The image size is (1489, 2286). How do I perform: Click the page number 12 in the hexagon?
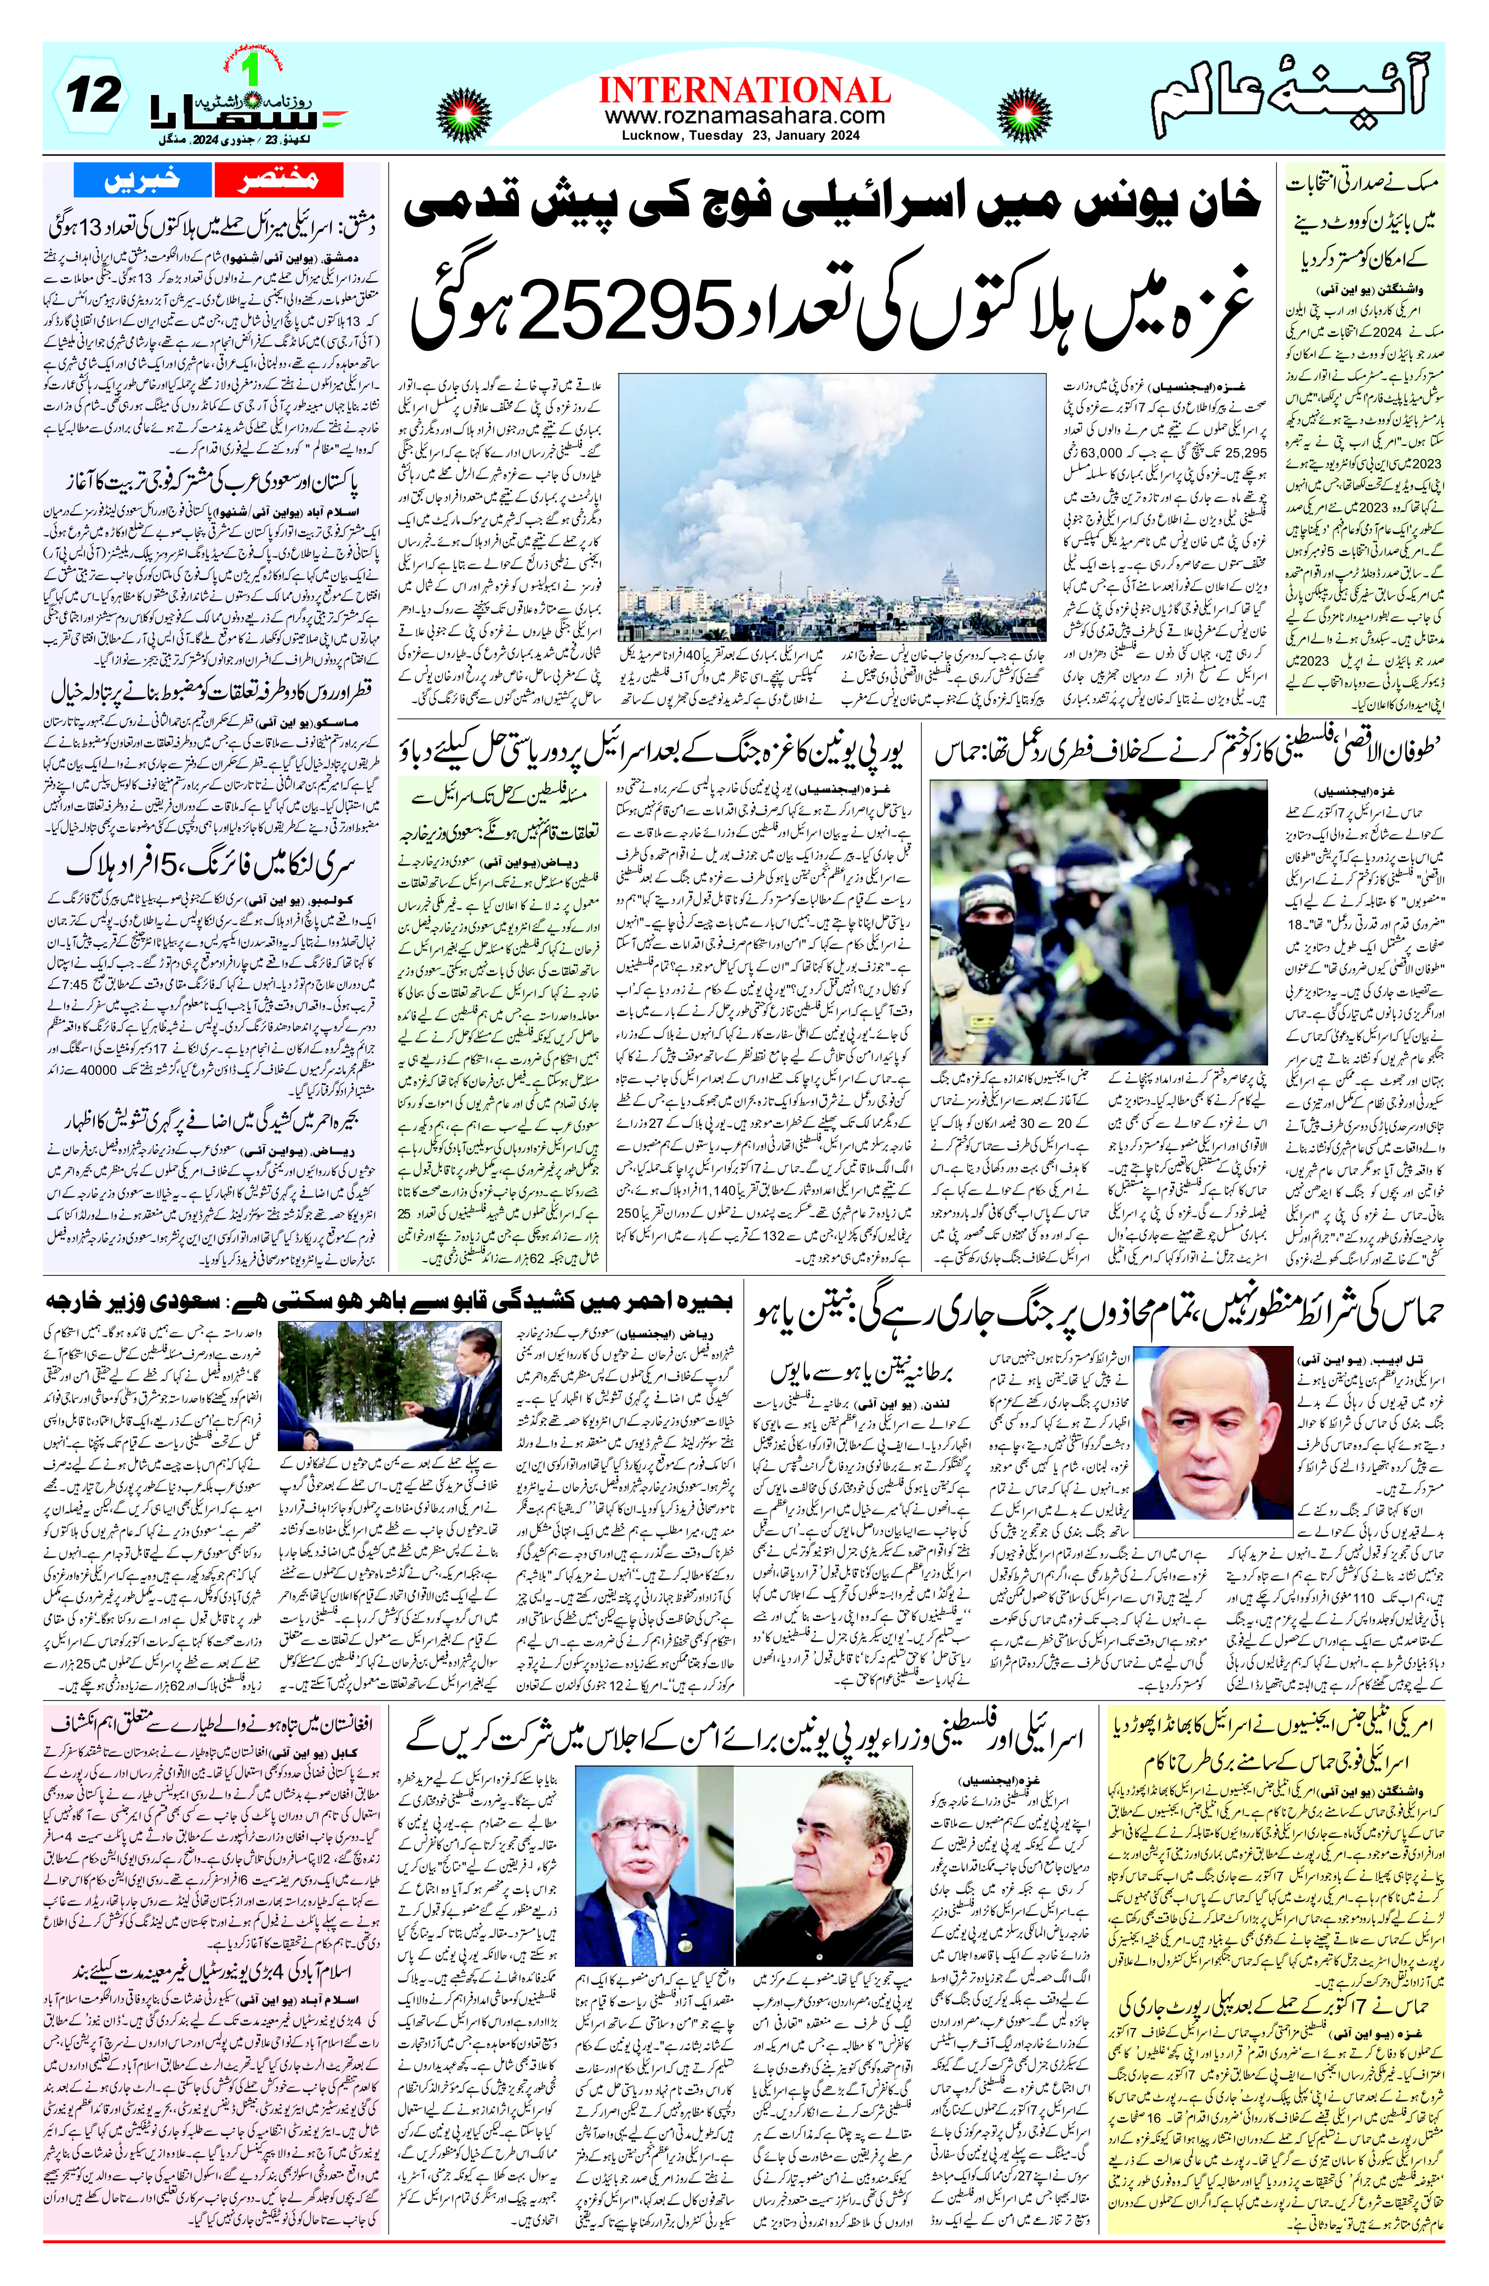(93, 96)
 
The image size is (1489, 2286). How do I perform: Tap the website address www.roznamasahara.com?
(744, 115)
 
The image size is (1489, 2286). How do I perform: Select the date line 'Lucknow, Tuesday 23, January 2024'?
(744, 135)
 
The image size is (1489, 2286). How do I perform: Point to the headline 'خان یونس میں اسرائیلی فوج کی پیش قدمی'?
(831, 205)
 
